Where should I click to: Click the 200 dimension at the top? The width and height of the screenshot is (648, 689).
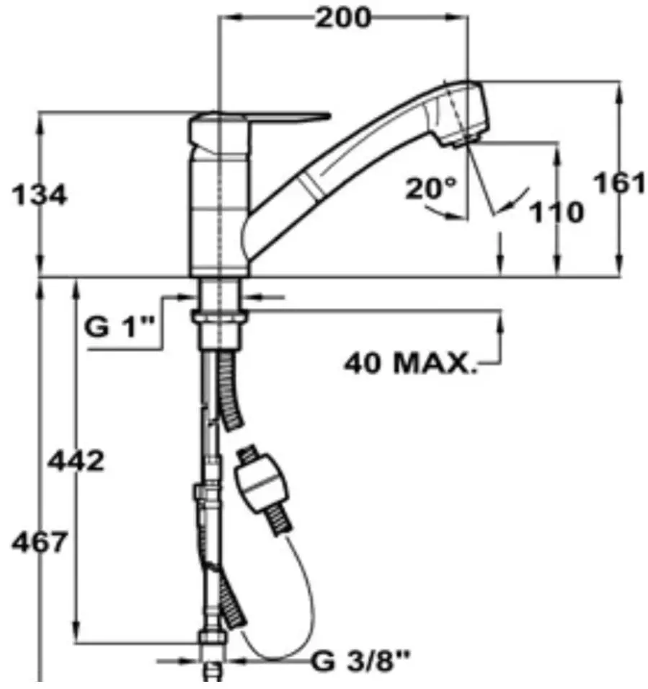(x=343, y=19)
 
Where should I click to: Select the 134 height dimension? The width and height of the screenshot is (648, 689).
(x=40, y=195)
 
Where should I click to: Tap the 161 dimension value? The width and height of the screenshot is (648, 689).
(x=619, y=183)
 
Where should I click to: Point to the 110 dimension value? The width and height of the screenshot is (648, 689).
(x=556, y=212)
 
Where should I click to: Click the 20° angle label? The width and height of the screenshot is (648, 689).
(x=431, y=188)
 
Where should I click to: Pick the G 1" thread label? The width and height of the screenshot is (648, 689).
(x=120, y=327)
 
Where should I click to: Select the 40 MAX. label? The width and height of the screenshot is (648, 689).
(x=410, y=364)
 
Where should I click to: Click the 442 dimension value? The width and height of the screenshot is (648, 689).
(x=76, y=461)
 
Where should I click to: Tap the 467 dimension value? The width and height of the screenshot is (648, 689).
(x=40, y=543)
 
